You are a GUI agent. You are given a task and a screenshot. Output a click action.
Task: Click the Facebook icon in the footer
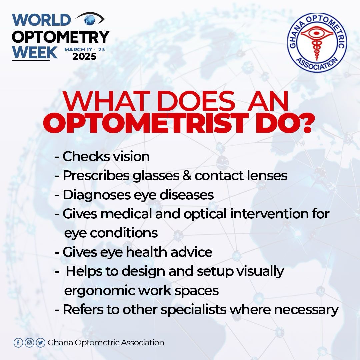(x=18, y=343)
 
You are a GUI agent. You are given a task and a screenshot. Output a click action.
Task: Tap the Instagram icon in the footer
(x=29, y=343)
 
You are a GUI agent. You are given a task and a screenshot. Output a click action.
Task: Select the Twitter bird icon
(x=40, y=343)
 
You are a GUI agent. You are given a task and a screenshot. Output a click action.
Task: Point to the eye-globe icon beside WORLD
(x=90, y=19)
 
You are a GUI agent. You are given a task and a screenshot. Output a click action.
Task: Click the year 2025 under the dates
(x=84, y=57)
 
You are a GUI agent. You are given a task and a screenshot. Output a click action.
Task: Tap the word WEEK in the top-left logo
(x=35, y=53)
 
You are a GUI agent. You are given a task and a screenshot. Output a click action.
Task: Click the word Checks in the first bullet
(x=82, y=156)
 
